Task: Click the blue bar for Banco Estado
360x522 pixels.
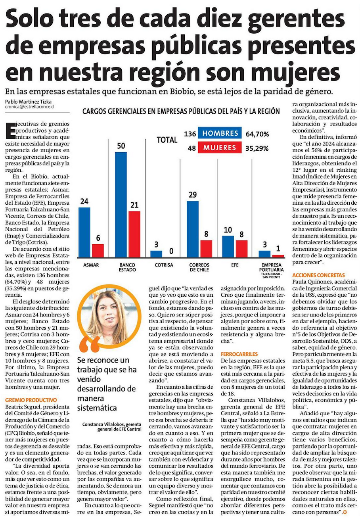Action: (121, 204)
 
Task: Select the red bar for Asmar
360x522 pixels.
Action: (98, 250)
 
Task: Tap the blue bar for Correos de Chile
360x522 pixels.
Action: (193, 229)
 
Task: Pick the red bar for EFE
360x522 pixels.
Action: (241, 248)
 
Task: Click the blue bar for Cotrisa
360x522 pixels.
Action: (156, 254)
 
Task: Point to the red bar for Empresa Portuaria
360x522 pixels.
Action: (278, 256)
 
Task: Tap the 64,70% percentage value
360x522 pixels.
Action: (257, 134)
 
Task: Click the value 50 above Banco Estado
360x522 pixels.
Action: (121, 146)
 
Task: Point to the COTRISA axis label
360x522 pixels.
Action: (156, 265)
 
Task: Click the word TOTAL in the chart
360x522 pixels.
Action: (167, 140)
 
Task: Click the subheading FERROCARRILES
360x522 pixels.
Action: (239, 353)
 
